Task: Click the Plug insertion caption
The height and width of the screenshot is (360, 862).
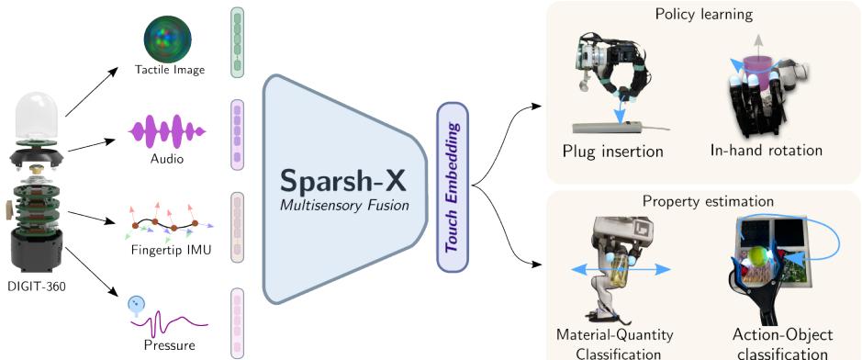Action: (613, 150)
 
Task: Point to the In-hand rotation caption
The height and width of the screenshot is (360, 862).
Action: (767, 150)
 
